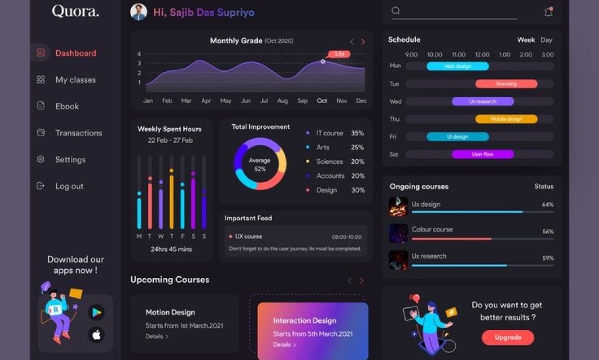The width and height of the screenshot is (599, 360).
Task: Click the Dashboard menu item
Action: (75, 53)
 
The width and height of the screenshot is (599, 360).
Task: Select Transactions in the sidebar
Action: (78, 133)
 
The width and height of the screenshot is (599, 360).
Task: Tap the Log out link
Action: (69, 186)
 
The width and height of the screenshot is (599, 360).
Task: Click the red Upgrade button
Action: (508, 337)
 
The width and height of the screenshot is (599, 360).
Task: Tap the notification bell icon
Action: (548, 12)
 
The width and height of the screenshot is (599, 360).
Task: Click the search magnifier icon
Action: (396, 11)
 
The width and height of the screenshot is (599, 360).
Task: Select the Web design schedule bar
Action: (457, 66)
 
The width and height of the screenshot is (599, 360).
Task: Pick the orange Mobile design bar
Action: (506, 119)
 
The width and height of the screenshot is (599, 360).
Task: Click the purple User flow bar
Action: (483, 154)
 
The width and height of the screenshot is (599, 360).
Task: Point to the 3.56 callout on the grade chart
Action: (339, 54)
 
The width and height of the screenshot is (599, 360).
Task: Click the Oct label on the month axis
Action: (322, 101)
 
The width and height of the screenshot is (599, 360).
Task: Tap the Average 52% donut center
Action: (260, 164)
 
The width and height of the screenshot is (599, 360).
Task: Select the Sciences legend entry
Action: (329, 162)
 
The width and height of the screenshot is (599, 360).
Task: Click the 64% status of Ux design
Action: (548, 205)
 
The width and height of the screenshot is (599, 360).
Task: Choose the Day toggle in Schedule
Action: (546, 40)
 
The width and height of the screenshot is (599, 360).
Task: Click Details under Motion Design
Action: (157, 337)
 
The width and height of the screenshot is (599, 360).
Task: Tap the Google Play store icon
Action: (97, 312)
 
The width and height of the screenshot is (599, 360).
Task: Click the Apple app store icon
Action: (97, 335)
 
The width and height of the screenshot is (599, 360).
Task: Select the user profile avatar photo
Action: (139, 12)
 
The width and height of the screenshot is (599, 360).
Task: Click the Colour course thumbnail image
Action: (398, 233)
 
